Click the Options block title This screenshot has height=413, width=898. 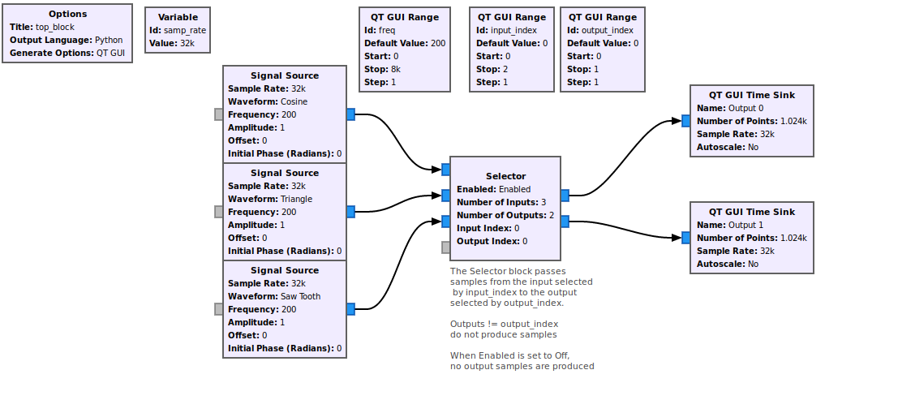pos(67,14)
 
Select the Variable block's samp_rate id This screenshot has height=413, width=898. pos(185,30)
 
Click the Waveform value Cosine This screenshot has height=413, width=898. pos(294,101)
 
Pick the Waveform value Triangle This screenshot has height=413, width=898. pos(296,199)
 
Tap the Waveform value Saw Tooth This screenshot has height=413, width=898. pos(300,296)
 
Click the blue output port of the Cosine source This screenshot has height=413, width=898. pos(350,114)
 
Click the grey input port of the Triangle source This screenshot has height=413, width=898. pos(219,212)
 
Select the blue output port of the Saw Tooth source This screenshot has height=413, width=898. pos(350,309)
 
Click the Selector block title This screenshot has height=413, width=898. pos(505,176)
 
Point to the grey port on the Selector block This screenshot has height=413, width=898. pos(446,247)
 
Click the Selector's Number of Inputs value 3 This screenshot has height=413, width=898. pos(544,202)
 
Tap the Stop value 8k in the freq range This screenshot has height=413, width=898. pos(396,69)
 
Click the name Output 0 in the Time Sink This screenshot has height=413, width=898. pos(745,108)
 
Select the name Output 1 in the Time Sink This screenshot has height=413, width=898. pos(745,225)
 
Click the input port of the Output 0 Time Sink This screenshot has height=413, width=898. pos(686,121)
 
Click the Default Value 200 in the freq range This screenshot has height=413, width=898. pos(438,43)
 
